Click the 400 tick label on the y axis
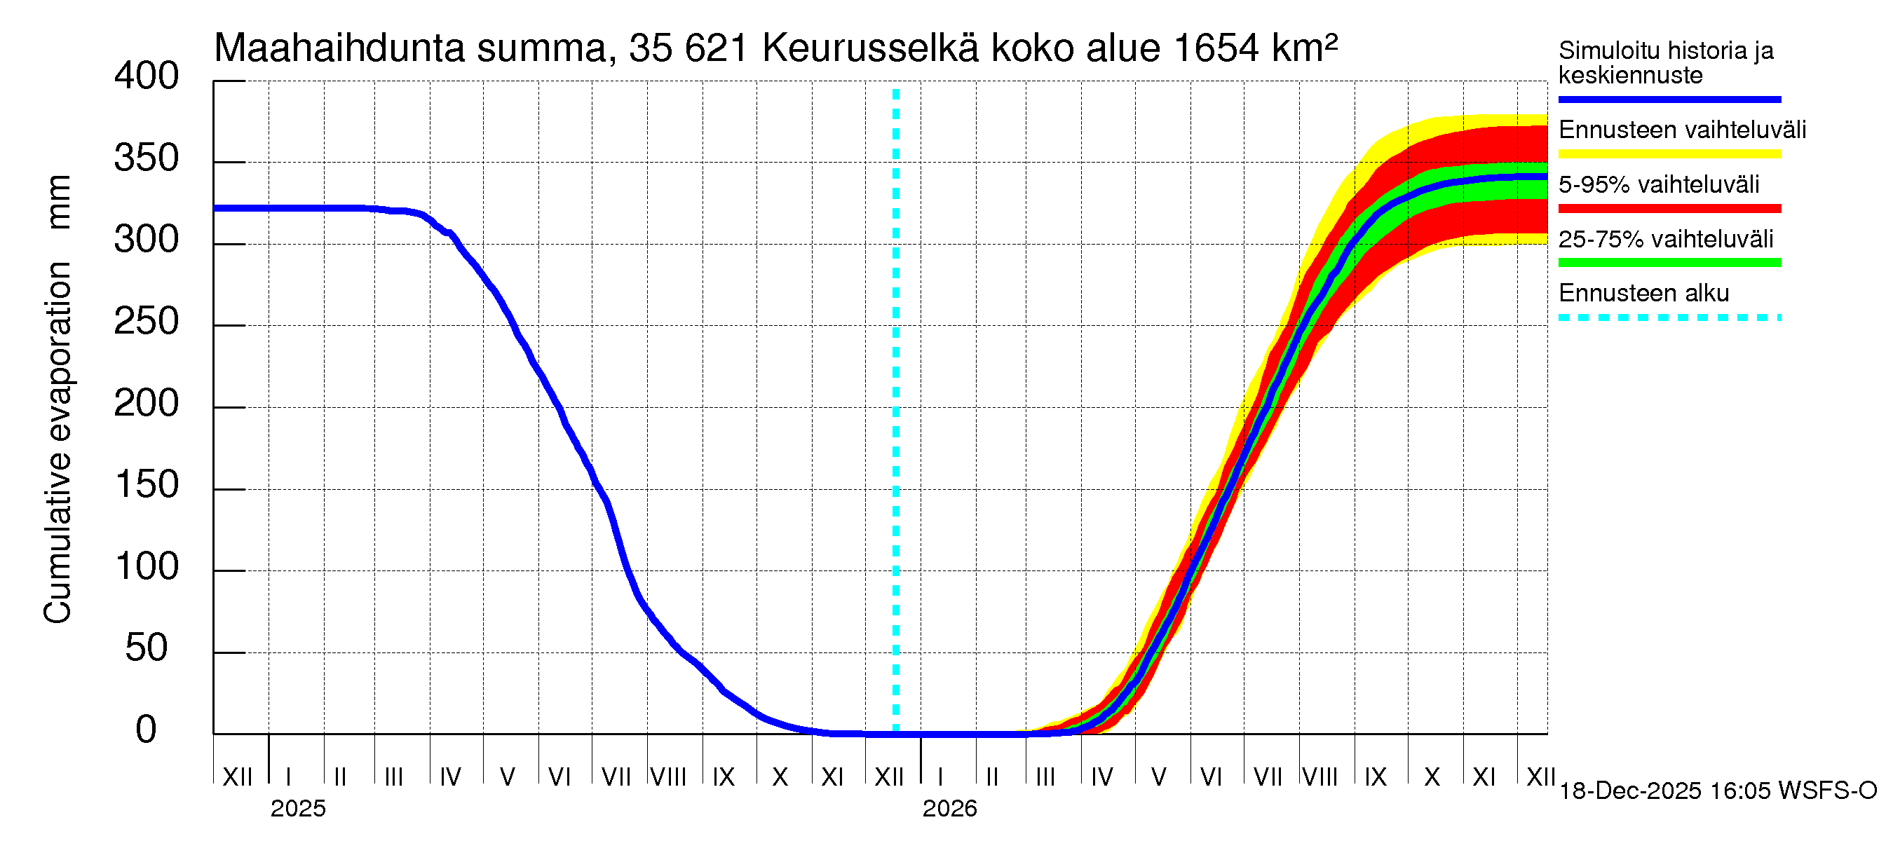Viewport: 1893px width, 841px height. [x=147, y=76]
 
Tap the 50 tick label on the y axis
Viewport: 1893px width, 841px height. [x=147, y=648]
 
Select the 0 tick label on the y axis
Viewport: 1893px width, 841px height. [x=147, y=730]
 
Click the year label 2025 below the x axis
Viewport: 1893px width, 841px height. [x=297, y=809]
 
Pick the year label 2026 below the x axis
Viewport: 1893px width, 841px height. [x=949, y=809]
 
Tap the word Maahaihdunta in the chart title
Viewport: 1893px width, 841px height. [x=339, y=48]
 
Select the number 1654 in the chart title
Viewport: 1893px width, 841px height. [x=1216, y=48]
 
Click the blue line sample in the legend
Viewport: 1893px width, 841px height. [x=1669, y=99]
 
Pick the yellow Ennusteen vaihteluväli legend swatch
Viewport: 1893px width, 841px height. [x=1669, y=154]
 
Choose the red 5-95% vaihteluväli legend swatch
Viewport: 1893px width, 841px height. [x=1669, y=209]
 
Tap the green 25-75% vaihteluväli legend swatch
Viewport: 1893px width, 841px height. [x=1669, y=263]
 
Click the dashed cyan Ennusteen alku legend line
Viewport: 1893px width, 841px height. [x=1669, y=318]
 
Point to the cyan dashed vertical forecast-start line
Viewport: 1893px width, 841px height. [x=896, y=411]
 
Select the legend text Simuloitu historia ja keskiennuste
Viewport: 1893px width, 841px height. [x=1665, y=62]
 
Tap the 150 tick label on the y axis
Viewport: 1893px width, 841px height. [x=147, y=485]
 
